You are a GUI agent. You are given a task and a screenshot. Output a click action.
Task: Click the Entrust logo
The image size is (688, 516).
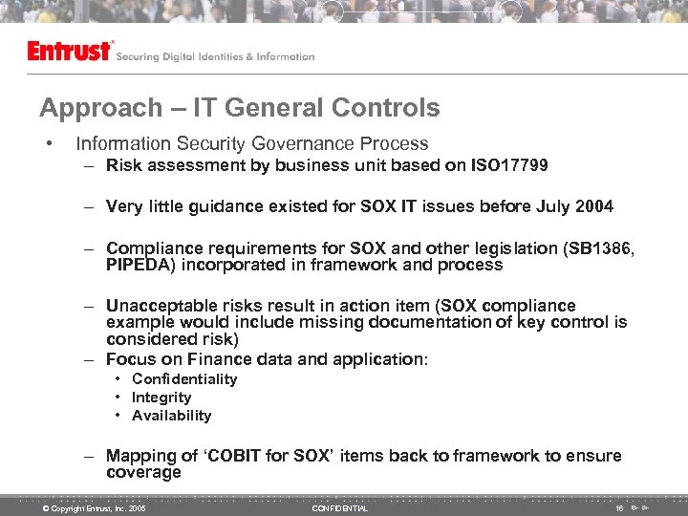coord(70,52)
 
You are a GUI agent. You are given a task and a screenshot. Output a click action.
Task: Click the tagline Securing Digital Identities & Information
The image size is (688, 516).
coord(215,56)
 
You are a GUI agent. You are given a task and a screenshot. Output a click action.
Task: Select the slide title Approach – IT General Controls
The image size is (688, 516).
coord(240,108)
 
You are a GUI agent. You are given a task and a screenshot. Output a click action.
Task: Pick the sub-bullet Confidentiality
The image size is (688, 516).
coord(184,379)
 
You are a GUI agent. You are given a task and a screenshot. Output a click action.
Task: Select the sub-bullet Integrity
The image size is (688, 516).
coord(161,398)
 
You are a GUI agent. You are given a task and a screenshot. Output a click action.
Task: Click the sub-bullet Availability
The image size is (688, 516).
coord(172,416)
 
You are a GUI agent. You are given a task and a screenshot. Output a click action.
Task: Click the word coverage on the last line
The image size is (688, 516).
coord(143,473)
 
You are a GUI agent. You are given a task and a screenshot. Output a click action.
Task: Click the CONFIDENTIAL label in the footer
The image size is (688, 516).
coord(339,508)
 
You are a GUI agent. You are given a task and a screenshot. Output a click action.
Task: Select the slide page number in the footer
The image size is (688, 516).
coord(620,508)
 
